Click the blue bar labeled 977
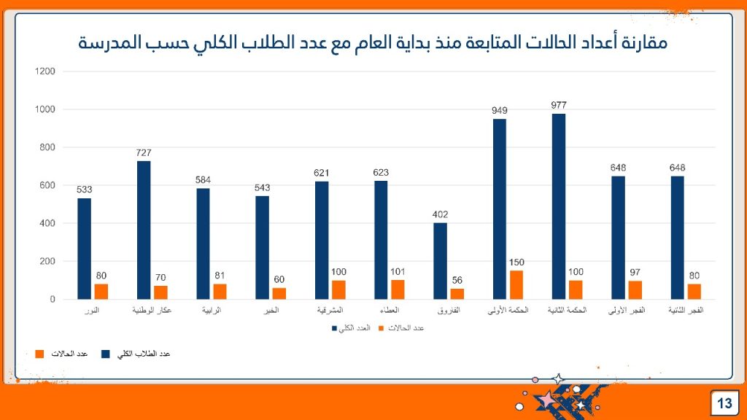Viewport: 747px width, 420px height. (x=559, y=206)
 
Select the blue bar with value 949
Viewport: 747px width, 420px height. (x=500, y=209)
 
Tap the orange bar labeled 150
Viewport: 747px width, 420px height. (x=516, y=284)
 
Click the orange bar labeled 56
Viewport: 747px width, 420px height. (x=457, y=294)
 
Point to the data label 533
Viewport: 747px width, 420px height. (x=84, y=190)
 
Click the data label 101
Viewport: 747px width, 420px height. (x=398, y=271)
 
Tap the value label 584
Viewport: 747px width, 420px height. (x=203, y=180)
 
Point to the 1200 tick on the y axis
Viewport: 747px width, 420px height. (x=44, y=71)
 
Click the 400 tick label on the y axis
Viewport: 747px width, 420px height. (x=47, y=223)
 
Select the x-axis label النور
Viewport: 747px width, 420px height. (x=92, y=311)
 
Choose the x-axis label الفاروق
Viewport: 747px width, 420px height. (x=449, y=311)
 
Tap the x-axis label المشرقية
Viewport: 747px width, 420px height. (x=330, y=311)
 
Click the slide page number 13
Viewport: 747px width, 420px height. (x=724, y=403)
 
